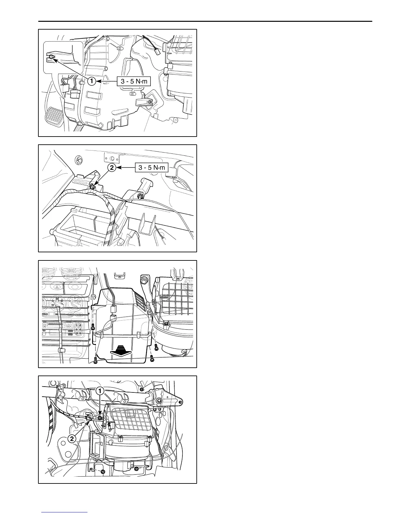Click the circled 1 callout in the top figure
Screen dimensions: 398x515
tap(92, 81)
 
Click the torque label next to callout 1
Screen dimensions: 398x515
tap(134, 81)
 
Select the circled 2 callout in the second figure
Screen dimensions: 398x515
tap(112, 168)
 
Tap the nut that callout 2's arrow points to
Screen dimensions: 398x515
tap(93, 187)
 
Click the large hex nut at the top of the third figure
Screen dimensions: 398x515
tap(144, 279)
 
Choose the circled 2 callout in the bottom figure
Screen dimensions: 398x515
tap(72, 439)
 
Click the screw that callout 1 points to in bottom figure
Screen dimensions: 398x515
tap(100, 418)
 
